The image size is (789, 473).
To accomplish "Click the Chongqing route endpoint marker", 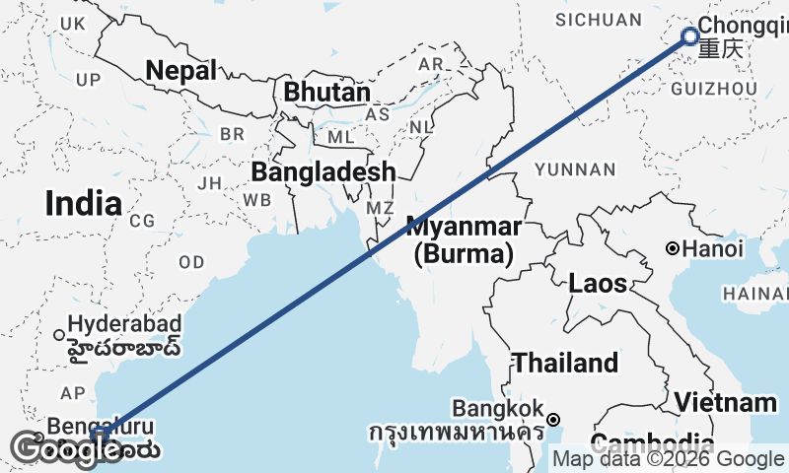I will (x=690, y=37).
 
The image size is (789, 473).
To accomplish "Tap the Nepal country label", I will (x=182, y=70).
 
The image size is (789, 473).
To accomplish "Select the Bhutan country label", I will (x=326, y=92).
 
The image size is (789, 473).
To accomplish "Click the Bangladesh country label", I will (x=323, y=172).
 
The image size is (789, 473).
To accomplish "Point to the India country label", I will (x=84, y=204).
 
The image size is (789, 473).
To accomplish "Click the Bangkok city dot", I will (x=554, y=419).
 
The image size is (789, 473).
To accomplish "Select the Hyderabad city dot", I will (x=59, y=334).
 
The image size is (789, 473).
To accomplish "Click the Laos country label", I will (x=598, y=284).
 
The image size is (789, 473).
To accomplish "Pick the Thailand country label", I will (x=565, y=363).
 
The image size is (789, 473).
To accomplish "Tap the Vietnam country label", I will (x=726, y=402).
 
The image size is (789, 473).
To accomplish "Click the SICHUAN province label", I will (x=598, y=20).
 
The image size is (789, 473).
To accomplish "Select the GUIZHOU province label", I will (x=714, y=89).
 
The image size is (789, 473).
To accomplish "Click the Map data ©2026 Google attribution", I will (x=668, y=458).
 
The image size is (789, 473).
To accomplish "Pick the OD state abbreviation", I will (x=191, y=262).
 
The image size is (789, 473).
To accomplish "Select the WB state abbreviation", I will (x=257, y=199).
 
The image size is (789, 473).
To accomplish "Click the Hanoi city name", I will (x=712, y=249).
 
